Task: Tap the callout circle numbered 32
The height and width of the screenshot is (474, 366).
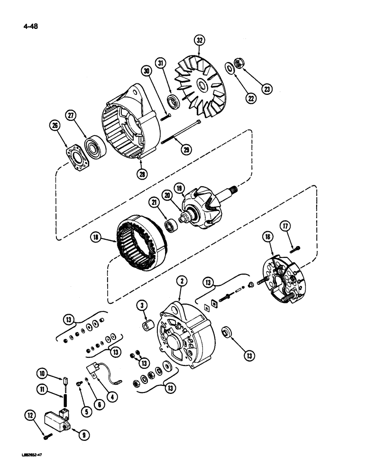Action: [200, 41]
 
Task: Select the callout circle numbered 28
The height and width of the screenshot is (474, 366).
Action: [141, 173]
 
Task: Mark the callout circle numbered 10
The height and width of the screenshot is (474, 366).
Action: [43, 374]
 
